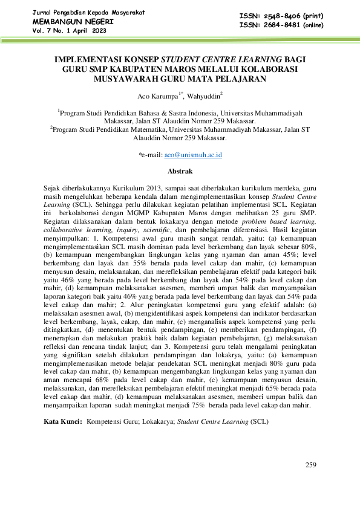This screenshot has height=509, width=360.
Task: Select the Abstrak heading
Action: pos(180,171)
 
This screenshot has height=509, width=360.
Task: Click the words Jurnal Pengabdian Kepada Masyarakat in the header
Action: pos(88,12)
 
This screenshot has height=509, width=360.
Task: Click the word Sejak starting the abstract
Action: pos(53,189)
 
